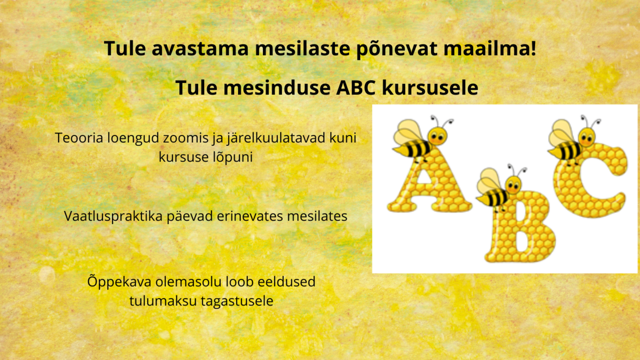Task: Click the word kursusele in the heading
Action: [430, 88]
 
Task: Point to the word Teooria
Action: [78, 137]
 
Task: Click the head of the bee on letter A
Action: [438, 135]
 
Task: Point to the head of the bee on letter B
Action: [513, 185]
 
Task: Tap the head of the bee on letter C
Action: [588, 136]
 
